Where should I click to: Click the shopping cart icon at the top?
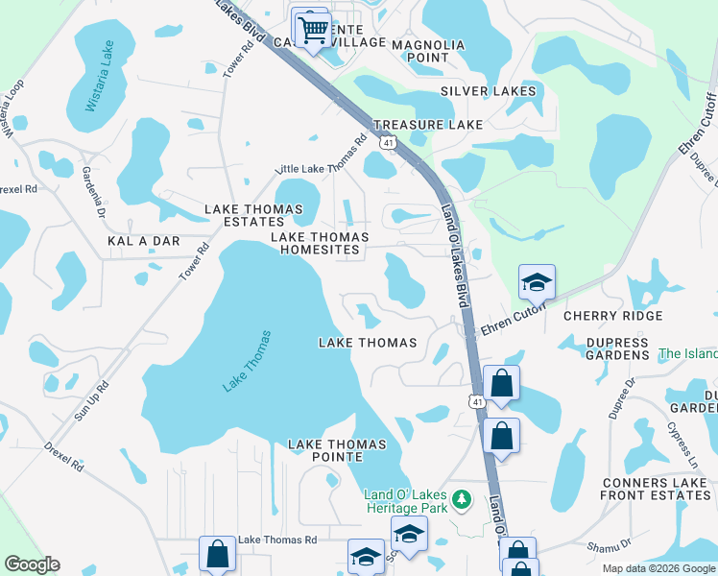click(312, 30)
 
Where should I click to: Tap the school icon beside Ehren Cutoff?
click(537, 283)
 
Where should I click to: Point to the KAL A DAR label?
click(144, 241)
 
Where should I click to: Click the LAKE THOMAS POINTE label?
click(337, 451)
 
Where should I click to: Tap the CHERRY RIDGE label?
click(612, 316)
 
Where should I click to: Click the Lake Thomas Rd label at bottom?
click(277, 540)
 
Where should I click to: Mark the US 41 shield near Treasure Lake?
click(387, 142)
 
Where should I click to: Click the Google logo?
click(32, 564)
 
